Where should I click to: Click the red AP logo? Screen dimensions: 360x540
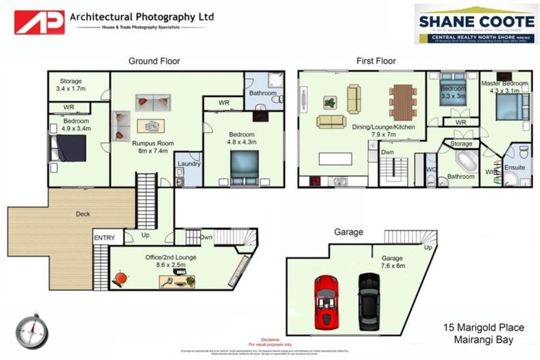coord(39,22)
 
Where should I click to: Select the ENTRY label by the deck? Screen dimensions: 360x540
coord(103,238)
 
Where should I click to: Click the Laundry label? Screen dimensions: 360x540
coord(188,164)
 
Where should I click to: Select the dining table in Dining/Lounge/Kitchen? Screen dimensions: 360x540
coord(403,102)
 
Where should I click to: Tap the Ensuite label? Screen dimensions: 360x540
coord(515,168)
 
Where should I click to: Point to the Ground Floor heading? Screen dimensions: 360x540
coord(152,60)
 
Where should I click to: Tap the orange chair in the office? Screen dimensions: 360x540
coord(121,278)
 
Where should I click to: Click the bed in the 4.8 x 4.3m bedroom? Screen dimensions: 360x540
coord(244,167)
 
